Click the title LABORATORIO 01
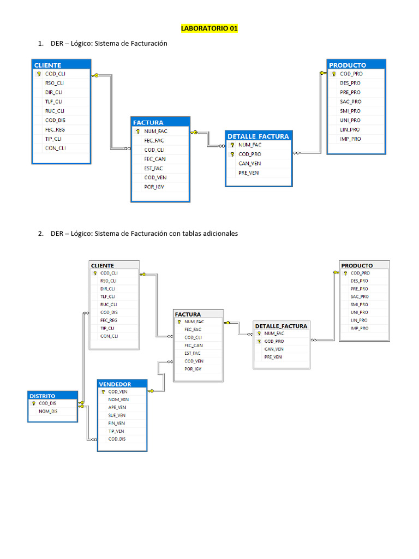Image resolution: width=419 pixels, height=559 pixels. pyautogui.click(x=209, y=28)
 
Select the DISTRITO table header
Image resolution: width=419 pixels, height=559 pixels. pyautogui.click(x=43, y=395)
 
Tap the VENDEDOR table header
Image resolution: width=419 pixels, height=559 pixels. pyautogui.click(x=115, y=384)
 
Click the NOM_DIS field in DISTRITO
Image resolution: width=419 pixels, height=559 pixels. pyautogui.click(x=47, y=411)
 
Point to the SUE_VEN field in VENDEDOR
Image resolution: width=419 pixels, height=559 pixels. pyautogui.click(x=117, y=415)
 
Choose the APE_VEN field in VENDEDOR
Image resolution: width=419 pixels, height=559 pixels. pyautogui.click(x=117, y=407)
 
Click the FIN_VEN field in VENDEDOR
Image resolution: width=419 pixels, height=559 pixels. pyautogui.click(x=116, y=423)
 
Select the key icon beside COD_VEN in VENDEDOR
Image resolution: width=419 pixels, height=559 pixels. pyautogui.click(x=103, y=391)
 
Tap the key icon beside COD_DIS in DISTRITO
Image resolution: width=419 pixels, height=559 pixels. pyautogui.click(x=33, y=403)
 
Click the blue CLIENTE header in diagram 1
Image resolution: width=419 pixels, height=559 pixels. pyautogui.click(x=48, y=65)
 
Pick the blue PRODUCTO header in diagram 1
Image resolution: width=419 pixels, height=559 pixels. pyautogui.click(x=348, y=65)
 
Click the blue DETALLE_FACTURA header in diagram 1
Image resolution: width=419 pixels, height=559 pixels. pyautogui.click(x=258, y=136)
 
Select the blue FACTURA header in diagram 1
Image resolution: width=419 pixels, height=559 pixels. pyautogui.click(x=148, y=122)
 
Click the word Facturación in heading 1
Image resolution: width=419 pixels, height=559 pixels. pyautogui.click(x=148, y=43)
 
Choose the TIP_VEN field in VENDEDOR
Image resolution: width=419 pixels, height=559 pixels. pyautogui.click(x=116, y=431)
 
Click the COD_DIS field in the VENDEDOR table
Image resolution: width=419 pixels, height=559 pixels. pyautogui.click(x=117, y=439)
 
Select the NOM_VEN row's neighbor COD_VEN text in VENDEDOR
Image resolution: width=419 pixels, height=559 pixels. pyautogui.click(x=118, y=391)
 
